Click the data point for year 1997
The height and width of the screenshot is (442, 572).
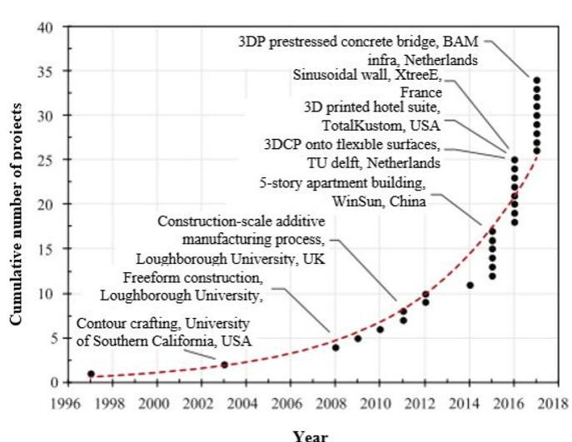(x=91, y=374)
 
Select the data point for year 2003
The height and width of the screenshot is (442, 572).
(x=224, y=365)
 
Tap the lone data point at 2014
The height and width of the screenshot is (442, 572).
(x=470, y=285)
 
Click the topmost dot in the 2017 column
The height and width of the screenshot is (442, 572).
(x=536, y=80)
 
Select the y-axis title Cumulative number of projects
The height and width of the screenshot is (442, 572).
(x=16, y=204)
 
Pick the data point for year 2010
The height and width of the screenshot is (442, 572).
(x=380, y=330)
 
